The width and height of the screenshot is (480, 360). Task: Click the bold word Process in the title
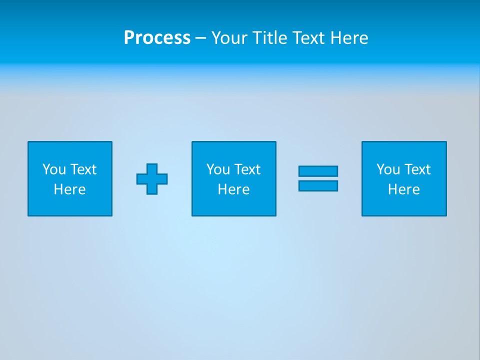(157, 38)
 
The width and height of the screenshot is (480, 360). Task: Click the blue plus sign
(152, 178)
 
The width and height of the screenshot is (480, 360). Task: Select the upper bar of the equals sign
(318, 171)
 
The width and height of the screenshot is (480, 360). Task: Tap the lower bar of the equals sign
(318, 185)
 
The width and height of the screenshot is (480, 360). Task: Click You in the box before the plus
(53, 169)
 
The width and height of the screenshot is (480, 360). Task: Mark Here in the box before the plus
(69, 189)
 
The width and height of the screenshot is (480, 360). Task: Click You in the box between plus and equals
(217, 169)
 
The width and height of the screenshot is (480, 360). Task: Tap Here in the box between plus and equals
(233, 189)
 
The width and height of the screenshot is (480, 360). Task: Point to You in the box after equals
(387, 169)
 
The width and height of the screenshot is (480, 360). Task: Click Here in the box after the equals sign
(403, 189)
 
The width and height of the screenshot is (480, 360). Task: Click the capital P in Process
(129, 38)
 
